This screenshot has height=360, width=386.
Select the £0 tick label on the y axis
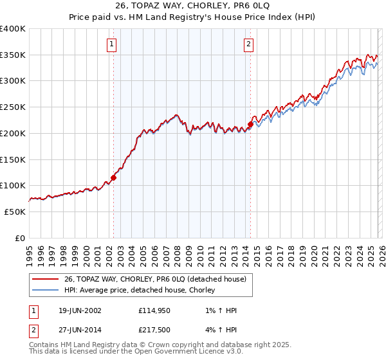(x=20, y=238)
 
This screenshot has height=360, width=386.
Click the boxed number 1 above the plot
(x=112, y=44)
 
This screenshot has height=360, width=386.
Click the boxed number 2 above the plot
(x=248, y=44)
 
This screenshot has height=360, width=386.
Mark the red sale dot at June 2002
(x=114, y=177)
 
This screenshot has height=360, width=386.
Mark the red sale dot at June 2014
(x=250, y=124)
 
